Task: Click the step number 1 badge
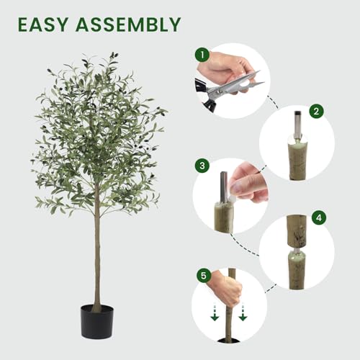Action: point(202,55)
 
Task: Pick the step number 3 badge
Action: point(202,166)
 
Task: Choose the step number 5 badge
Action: point(202,274)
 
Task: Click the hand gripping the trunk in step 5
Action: point(228,288)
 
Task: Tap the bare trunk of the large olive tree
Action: point(96,252)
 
